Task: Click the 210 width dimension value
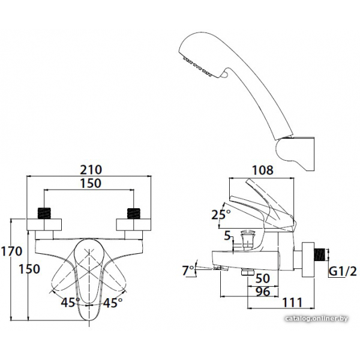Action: click(x=91, y=170)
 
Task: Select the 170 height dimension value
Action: click(x=11, y=251)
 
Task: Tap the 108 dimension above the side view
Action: click(x=263, y=170)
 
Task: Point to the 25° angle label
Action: click(x=221, y=215)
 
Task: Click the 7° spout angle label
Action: click(x=188, y=270)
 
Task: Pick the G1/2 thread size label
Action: click(x=343, y=272)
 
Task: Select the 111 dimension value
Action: click(x=293, y=302)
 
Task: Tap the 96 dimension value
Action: click(x=263, y=292)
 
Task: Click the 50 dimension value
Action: click(x=263, y=278)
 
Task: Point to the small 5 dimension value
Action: click(x=227, y=236)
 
